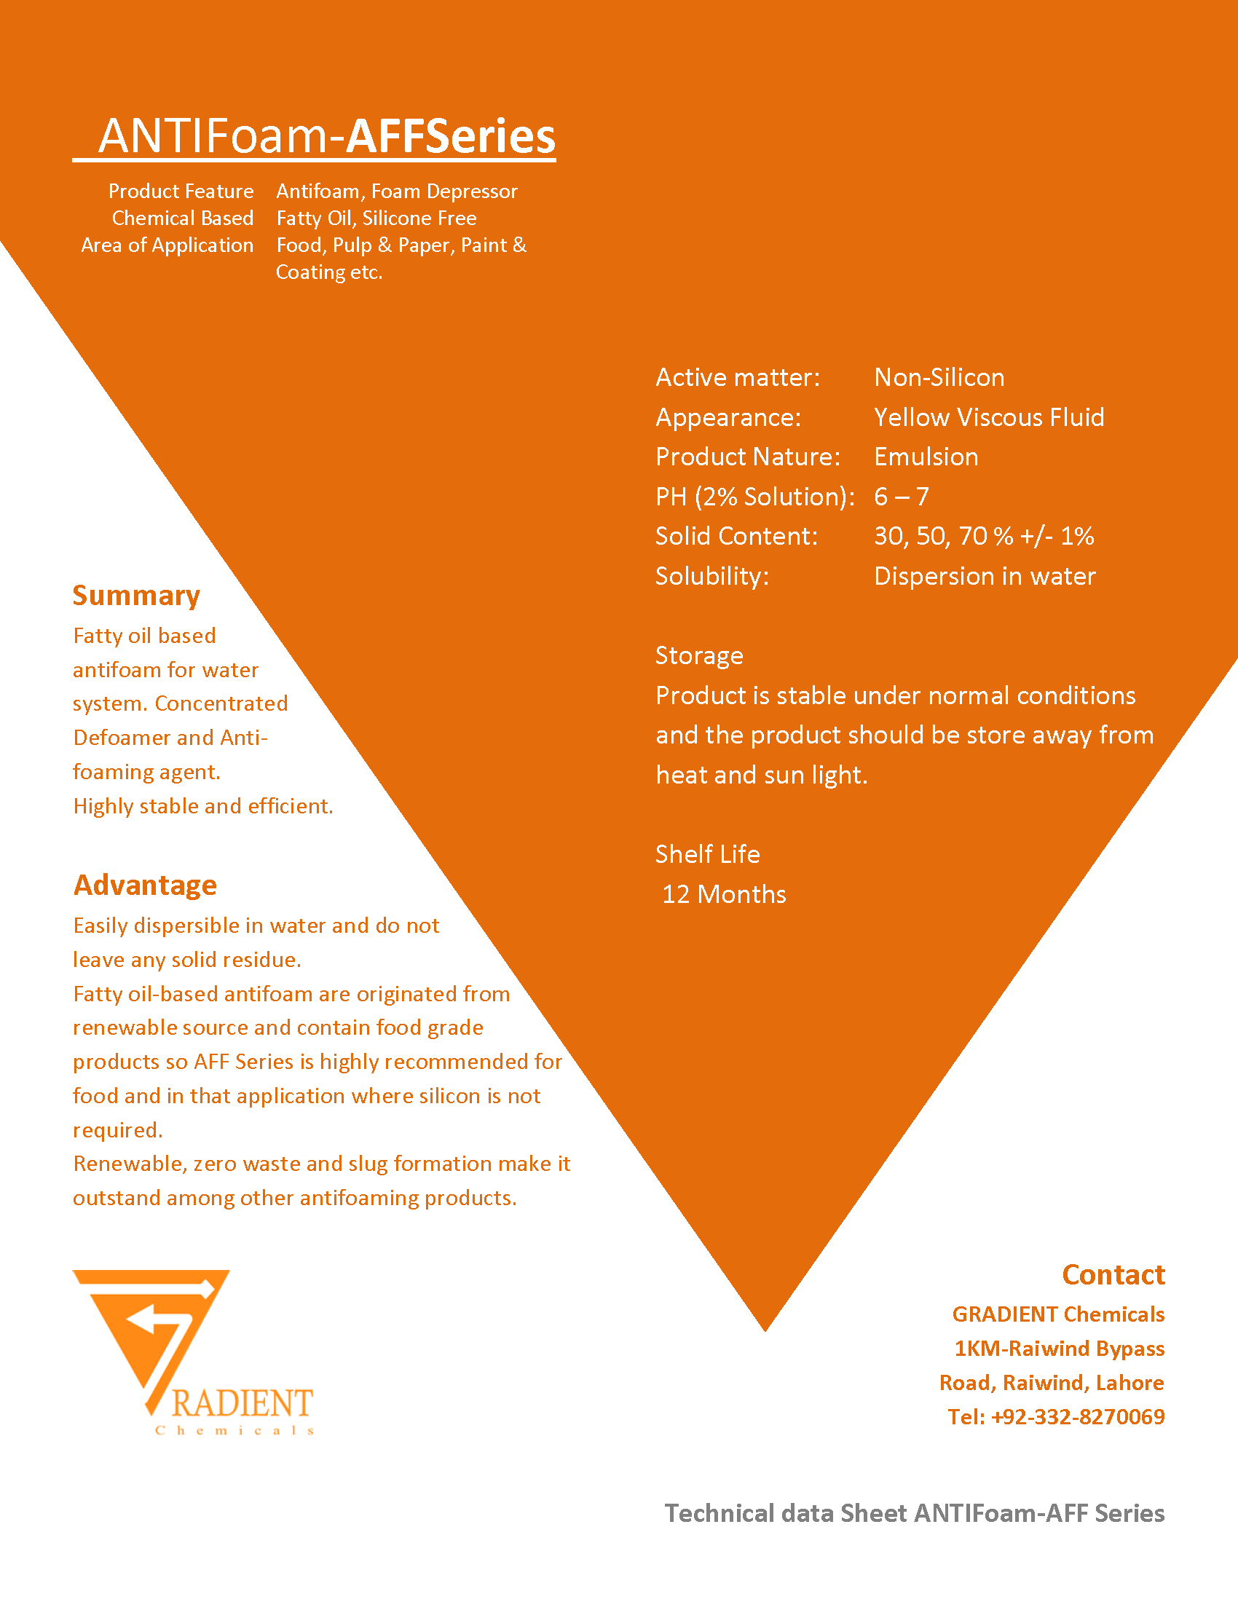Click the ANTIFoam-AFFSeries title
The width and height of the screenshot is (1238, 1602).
click(326, 136)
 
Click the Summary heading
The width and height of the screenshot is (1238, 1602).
click(136, 596)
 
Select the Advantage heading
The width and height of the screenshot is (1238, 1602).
click(145, 885)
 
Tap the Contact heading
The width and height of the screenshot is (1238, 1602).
click(1113, 1275)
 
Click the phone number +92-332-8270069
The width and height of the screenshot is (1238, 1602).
click(1077, 1416)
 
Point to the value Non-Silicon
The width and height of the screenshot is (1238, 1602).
click(939, 377)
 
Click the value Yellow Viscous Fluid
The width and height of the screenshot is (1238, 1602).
click(989, 417)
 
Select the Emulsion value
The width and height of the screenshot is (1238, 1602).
click(926, 457)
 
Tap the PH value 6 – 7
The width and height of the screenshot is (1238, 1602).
click(902, 497)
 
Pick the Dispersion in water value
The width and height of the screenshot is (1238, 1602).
click(985, 577)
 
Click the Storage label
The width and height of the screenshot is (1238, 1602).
click(699, 656)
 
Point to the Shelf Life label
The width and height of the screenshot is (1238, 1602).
click(707, 855)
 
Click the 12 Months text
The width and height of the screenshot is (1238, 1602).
click(724, 894)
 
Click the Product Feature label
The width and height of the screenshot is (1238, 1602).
click(181, 192)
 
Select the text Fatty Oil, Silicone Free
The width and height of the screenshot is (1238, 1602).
click(376, 218)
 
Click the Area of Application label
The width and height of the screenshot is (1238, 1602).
click(167, 245)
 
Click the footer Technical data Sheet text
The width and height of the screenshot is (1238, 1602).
click(914, 1513)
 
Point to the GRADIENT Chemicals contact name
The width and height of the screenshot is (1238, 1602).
click(1057, 1314)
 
